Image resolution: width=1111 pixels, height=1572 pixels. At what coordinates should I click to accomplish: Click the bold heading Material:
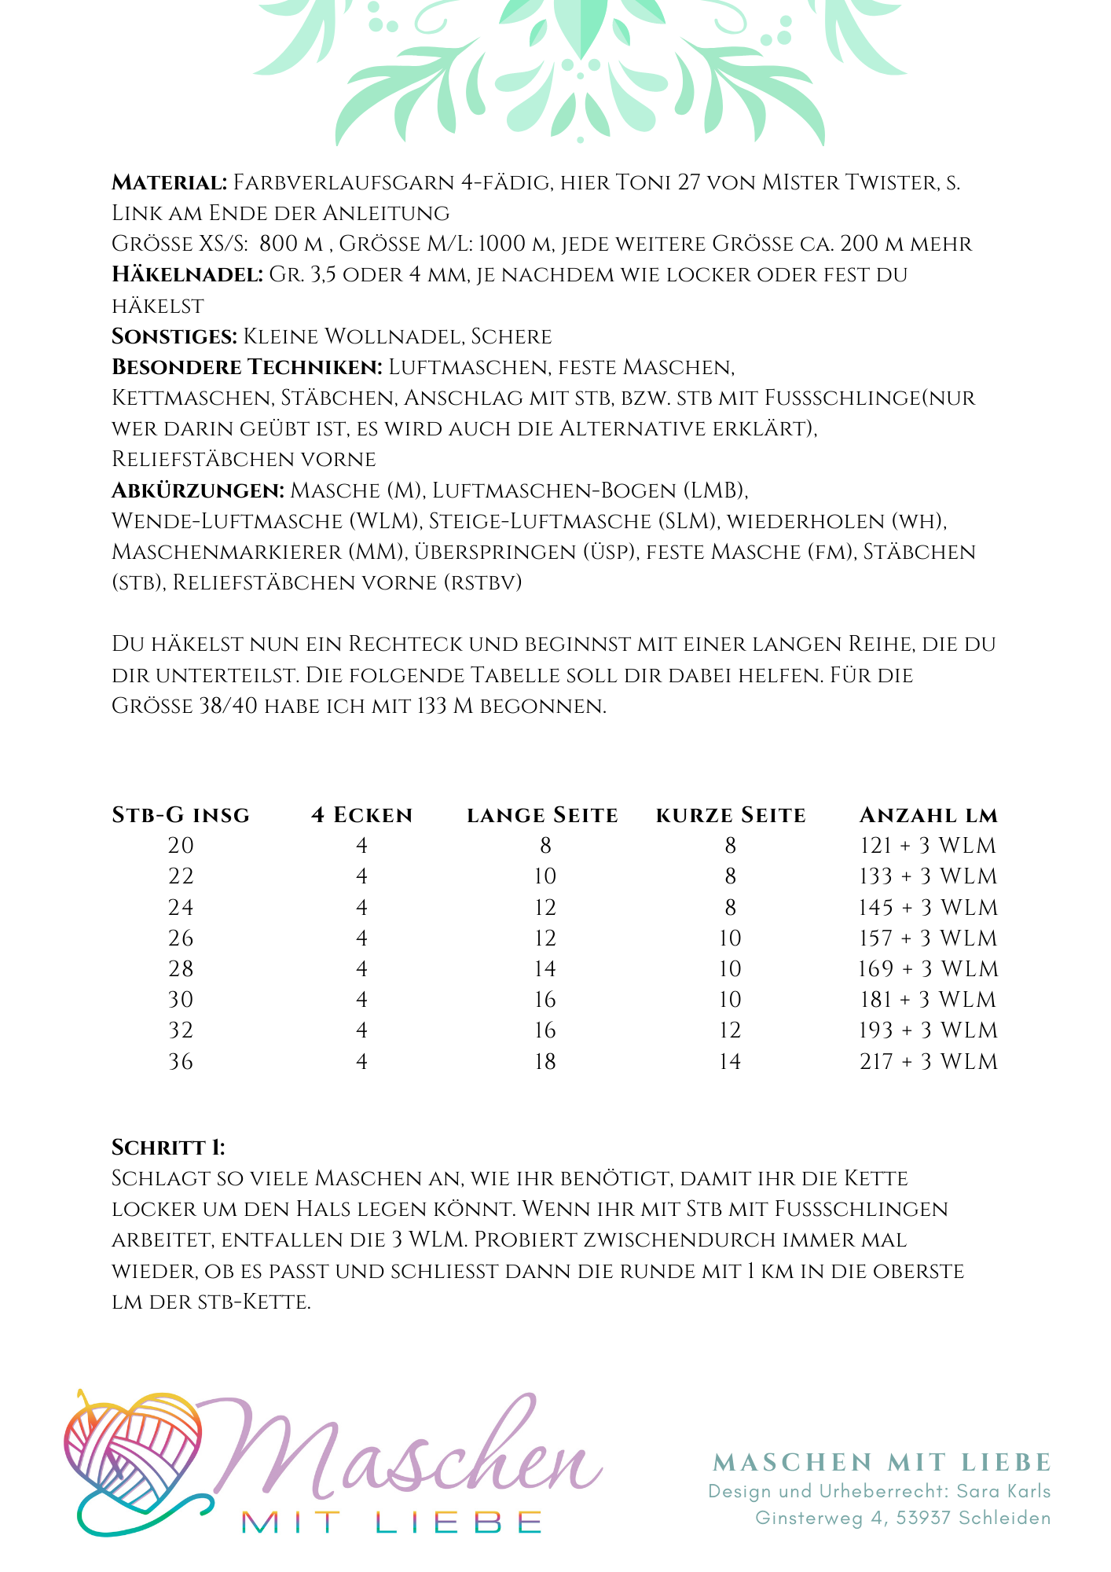[x=169, y=183]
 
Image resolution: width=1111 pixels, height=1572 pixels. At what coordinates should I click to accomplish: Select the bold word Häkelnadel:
[x=187, y=275]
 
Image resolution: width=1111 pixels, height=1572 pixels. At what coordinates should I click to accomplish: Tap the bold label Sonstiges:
[x=174, y=337]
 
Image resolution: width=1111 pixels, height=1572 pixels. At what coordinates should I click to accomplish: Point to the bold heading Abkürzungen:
[x=198, y=491]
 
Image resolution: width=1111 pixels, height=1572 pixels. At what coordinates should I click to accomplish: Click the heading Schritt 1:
[x=168, y=1148]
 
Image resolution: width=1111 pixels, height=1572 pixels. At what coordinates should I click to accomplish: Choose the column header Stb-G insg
[x=181, y=815]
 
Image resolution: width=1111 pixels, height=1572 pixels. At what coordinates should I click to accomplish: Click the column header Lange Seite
[x=542, y=815]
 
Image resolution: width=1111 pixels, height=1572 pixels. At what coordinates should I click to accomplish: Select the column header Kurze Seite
[x=731, y=815]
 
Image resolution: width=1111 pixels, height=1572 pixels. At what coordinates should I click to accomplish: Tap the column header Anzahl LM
[x=929, y=815]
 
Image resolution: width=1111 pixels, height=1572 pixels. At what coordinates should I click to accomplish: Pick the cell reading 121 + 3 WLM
[x=928, y=846]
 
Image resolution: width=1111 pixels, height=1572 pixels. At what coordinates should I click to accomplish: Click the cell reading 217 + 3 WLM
[x=928, y=1062]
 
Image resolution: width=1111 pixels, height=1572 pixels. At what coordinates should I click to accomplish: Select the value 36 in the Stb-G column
[x=181, y=1062]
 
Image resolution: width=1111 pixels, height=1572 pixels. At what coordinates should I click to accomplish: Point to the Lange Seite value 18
[x=544, y=1062]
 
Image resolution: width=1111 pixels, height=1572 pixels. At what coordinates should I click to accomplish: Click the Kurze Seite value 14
[x=730, y=1062]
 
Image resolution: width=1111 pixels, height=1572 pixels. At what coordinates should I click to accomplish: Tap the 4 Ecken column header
[x=361, y=815]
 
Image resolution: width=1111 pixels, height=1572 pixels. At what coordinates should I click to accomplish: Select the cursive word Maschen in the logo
[x=401, y=1454]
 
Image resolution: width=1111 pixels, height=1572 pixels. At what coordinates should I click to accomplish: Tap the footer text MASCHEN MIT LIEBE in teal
[x=882, y=1463]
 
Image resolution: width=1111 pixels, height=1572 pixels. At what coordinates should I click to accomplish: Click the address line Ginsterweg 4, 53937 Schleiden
[x=903, y=1518]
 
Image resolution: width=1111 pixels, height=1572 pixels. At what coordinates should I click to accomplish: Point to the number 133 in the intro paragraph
[x=431, y=706]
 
